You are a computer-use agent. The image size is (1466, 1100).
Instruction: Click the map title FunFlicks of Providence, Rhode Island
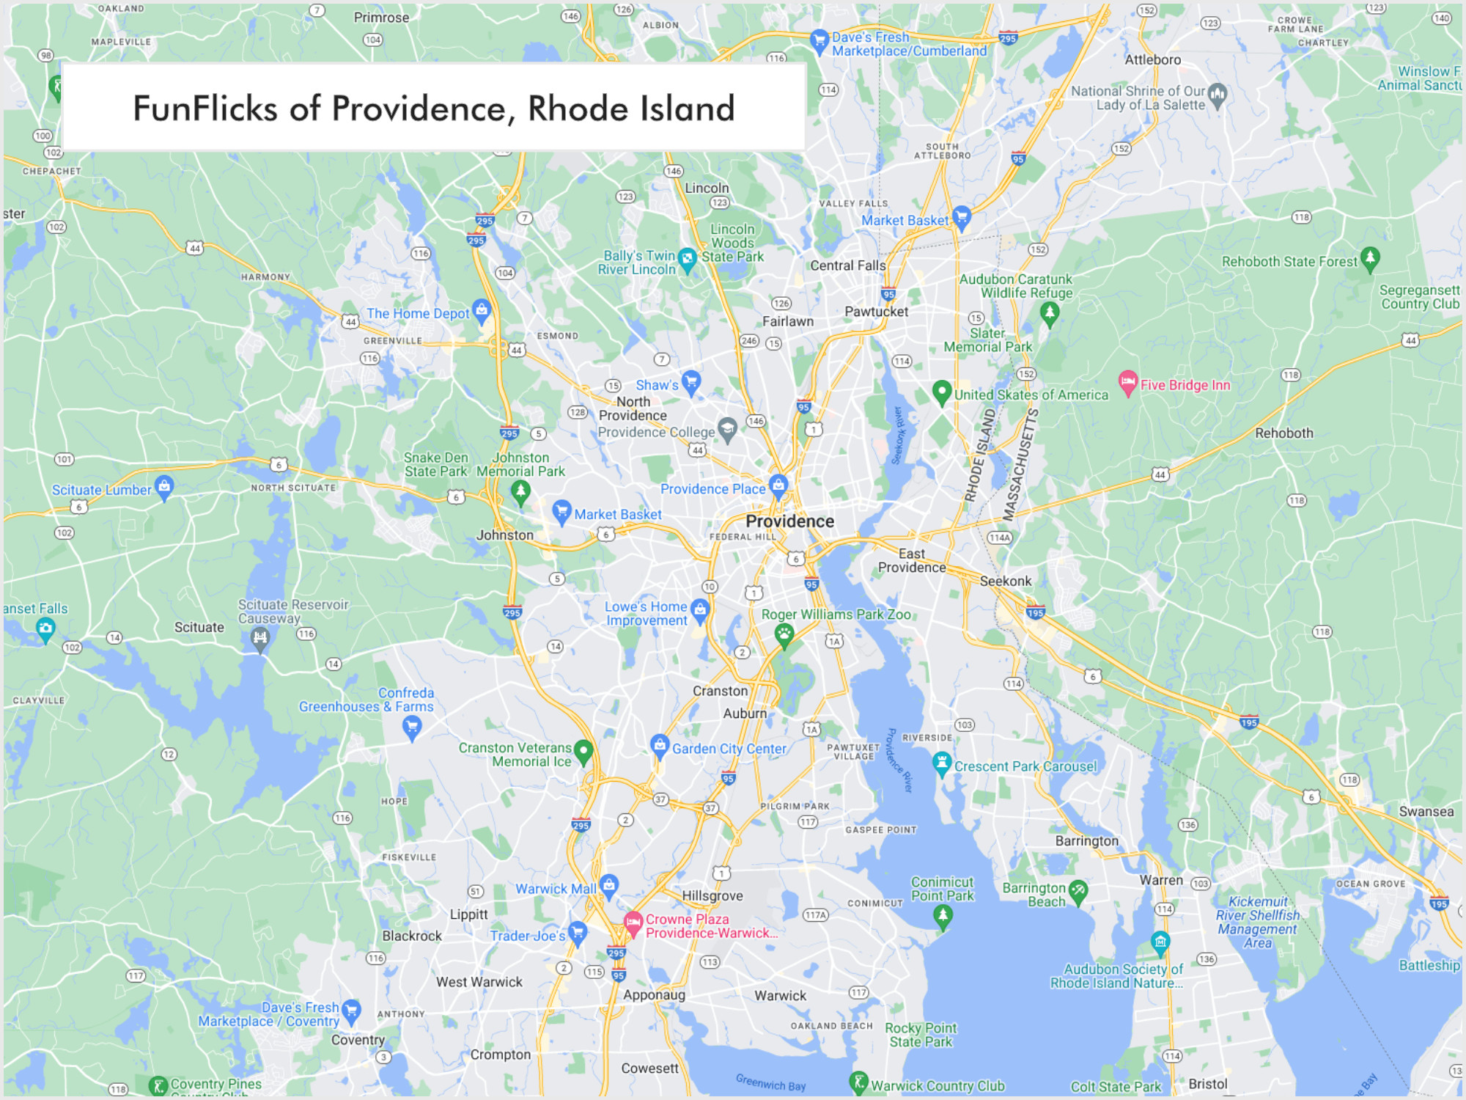(x=433, y=109)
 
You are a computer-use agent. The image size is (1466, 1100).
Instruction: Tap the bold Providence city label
(x=789, y=521)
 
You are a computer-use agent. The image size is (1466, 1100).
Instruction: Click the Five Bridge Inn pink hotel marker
(x=1128, y=382)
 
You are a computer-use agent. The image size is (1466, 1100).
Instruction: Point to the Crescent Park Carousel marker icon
(x=942, y=763)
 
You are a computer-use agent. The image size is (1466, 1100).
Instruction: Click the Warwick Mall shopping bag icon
(x=609, y=885)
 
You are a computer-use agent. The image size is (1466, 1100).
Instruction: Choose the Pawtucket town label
(x=876, y=312)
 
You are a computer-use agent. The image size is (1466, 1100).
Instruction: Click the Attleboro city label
(x=1152, y=60)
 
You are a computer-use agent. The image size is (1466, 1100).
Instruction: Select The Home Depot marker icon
(x=482, y=310)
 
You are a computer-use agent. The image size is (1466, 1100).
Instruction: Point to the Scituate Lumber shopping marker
(x=164, y=486)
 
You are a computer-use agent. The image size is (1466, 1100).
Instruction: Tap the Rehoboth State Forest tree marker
(x=1369, y=258)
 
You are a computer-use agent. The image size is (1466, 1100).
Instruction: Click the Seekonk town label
(x=1005, y=581)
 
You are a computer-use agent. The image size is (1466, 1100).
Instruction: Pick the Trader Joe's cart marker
(x=578, y=932)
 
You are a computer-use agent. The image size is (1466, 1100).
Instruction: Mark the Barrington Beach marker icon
(x=1078, y=892)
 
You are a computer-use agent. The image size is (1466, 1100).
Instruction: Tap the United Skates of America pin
(x=942, y=392)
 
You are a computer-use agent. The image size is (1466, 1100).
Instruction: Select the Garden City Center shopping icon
(x=660, y=745)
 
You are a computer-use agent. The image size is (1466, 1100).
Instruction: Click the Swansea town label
(x=1426, y=812)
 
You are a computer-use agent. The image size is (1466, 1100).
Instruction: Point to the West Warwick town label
(x=479, y=982)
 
